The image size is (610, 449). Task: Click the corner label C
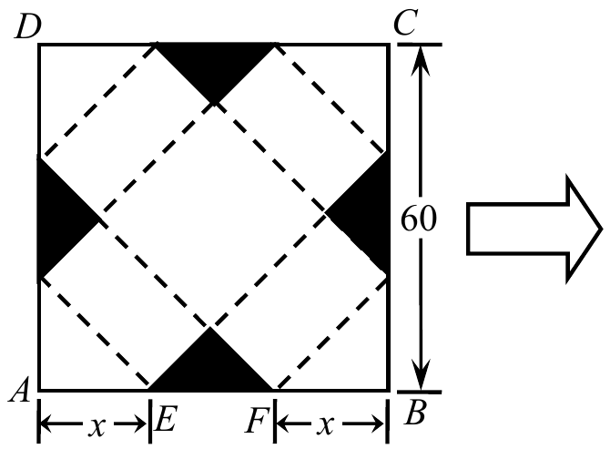(x=405, y=23)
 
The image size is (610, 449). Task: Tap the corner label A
(x=20, y=390)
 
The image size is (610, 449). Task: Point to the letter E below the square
(x=166, y=419)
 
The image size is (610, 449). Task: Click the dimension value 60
(x=419, y=219)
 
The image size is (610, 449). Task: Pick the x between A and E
(x=97, y=426)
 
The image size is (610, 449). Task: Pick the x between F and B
(x=325, y=424)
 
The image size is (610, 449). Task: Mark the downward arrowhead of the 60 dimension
(x=421, y=374)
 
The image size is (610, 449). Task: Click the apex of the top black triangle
(x=214, y=104)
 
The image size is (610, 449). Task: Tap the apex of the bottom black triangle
(x=210, y=327)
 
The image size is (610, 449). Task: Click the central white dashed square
(x=212, y=217)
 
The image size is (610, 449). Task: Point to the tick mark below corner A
(x=39, y=421)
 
